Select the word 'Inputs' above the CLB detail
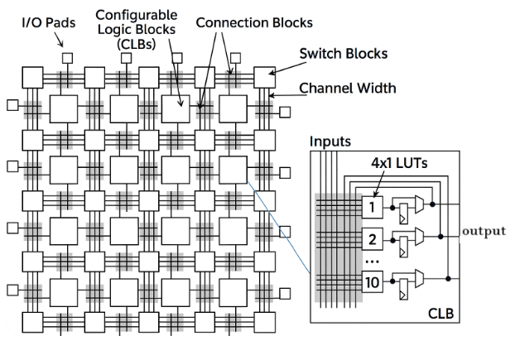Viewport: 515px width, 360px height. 329,142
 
